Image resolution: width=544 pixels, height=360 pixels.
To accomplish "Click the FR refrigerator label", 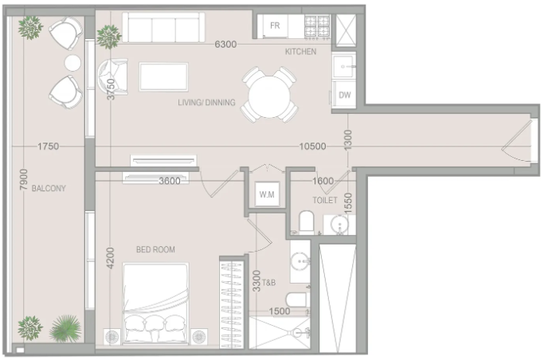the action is pyautogui.click(x=275, y=25).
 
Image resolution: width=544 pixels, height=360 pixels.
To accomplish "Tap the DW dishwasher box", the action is pyautogui.click(x=343, y=95).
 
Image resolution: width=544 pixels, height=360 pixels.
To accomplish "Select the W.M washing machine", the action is pyautogui.click(x=267, y=194).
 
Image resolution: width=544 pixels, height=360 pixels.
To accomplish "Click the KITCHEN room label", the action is pyautogui.click(x=300, y=52).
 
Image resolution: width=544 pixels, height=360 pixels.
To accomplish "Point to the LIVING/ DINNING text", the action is pyautogui.click(x=206, y=102).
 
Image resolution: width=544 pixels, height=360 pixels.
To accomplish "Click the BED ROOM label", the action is pyautogui.click(x=155, y=249).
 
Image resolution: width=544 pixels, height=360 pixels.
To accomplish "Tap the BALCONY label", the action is pyautogui.click(x=49, y=188).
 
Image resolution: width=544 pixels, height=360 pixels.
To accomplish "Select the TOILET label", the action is pyautogui.click(x=325, y=200).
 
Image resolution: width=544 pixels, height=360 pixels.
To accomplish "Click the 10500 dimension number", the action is pyautogui.click(x=312, y=147).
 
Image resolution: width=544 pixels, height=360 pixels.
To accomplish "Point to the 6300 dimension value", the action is pyautogui.click(x=225, y=45).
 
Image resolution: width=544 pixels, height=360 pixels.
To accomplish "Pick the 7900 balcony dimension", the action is pyautogui.click(x=23, y=179).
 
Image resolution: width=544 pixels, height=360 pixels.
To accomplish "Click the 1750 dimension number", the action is pyautogui.click(x=49, y=147).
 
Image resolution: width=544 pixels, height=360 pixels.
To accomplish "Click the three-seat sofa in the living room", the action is pyautogui.click(x=163, y=28).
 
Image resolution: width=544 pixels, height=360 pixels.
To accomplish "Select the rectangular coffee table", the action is pyautogui.click(x=164, y=76).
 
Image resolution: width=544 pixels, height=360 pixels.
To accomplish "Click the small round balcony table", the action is pyautogui.click(x=72, y=63).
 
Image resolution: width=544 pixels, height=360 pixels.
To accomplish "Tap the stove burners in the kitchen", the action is pyautogui.click(x=317, y=26).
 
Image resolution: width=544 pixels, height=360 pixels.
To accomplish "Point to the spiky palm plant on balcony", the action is pyautogui.click(x=65, y=328).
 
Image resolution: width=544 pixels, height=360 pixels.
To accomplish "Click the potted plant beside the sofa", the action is pyautogui.click(x=108, y=36).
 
